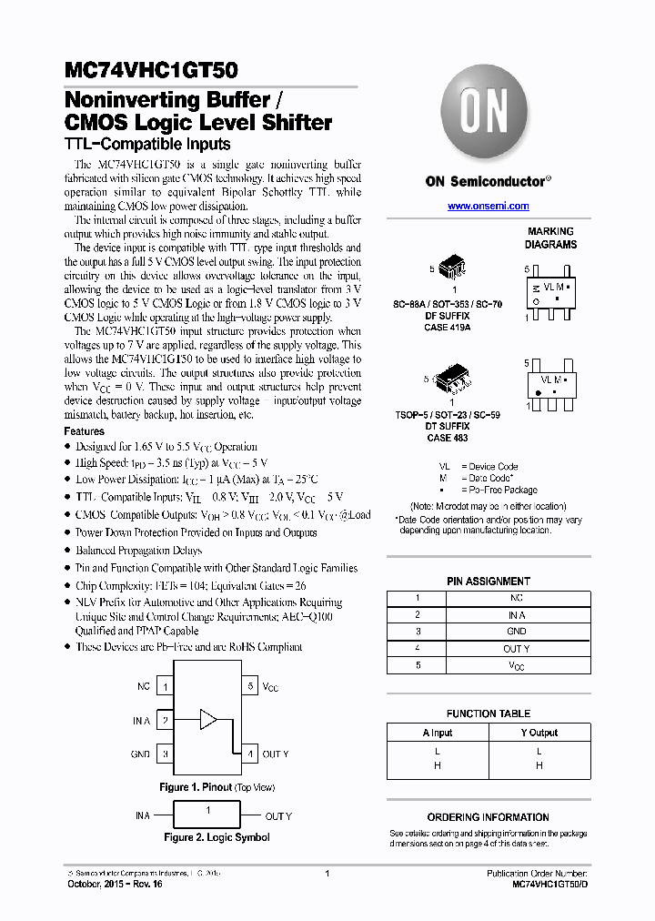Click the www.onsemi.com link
tap(489, 207)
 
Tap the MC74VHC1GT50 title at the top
tap(151, 69)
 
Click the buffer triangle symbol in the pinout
tap(208, 720)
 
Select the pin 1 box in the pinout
tap(165, 687)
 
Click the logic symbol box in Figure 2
tap(208, 815)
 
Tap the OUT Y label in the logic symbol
tap(277, 816)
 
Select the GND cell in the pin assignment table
tap(516, 632)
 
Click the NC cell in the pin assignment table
tap(516, 598)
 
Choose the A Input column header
tap(438, 733)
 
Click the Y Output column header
tap(539, 733)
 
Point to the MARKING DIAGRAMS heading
tap(550, 238)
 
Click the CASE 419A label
tap(447, 326)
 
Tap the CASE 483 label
tap(447, 438)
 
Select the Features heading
tap(84, 431)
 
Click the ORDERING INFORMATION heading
tap(488, 817)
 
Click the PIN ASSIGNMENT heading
tap(489, 581)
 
